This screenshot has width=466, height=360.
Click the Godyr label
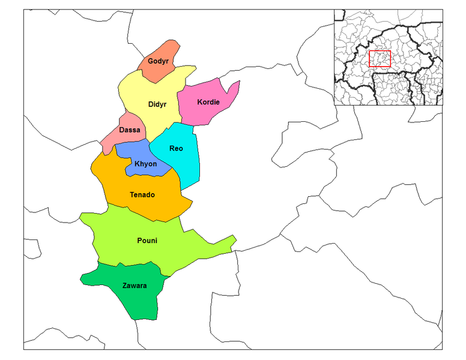click(158, 62)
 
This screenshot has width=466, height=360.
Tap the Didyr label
click(157, 104)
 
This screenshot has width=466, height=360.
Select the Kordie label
click(208, 102)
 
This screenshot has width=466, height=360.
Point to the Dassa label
click(130, 130)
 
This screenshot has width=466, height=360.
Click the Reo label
click(176, 148)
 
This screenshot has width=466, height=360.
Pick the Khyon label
click(146, 164)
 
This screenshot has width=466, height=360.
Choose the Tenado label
click(142, 195)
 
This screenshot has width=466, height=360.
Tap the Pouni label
click(147, 241)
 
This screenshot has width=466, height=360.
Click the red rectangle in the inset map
click(380, 59)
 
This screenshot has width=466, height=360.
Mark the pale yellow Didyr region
click(144, 90)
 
